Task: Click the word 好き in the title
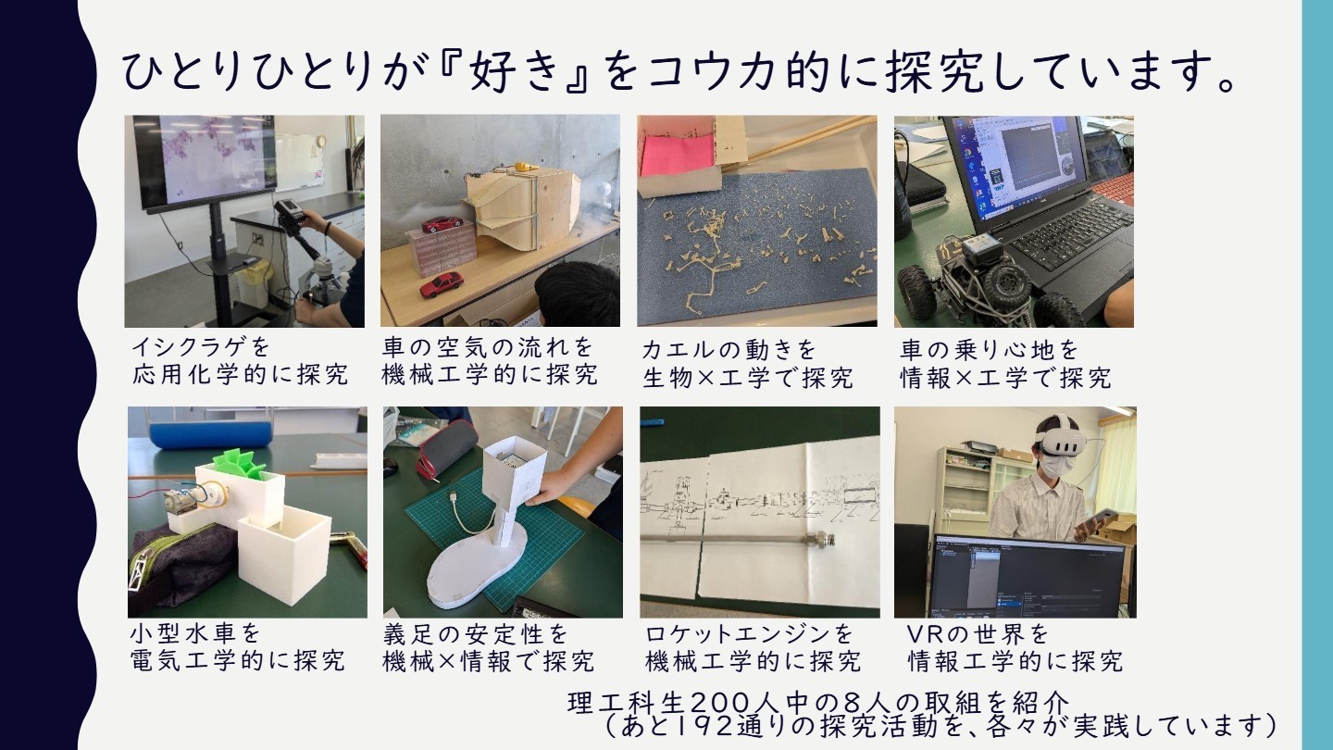(x=516, y=70)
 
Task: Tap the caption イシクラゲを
(x=201, y=346)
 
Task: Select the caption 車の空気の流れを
(x=488, y=346)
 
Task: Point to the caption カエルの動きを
(x=729, y=349)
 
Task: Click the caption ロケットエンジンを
(x=749, y=634)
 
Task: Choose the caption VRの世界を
(x=978, y=634)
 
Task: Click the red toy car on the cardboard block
(x=442, y=224)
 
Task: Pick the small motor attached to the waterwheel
(x=181, y=501)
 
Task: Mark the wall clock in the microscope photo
(x=321, y=141)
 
